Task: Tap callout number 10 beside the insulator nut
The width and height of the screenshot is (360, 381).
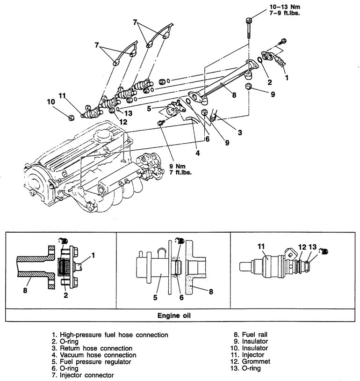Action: pyautogui.click(x=50, y=102)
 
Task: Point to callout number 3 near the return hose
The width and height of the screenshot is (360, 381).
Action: pyautogui.click(x=239, y=132)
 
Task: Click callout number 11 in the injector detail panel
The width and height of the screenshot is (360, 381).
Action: pyautogui.click(x=261, y=246)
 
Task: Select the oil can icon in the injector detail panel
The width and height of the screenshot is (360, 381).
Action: pyautogui.click(x=322, y=253)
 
